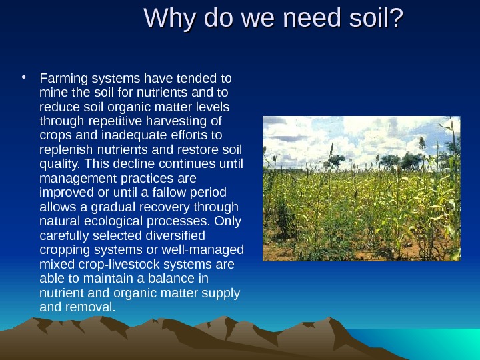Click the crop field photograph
coord(361,188)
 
